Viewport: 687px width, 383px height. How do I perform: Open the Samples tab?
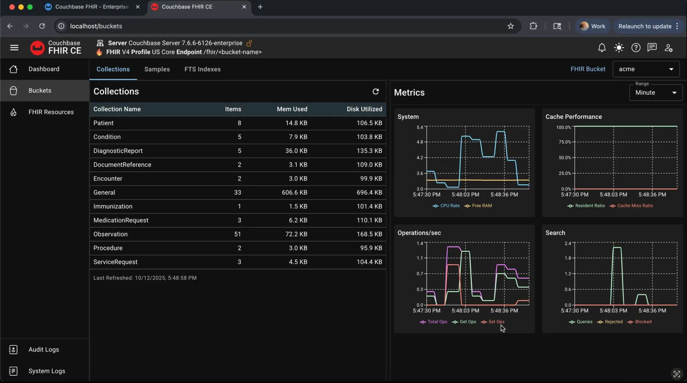157,69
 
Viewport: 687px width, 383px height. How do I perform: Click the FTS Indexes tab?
203,69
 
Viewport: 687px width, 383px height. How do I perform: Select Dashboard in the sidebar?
44,69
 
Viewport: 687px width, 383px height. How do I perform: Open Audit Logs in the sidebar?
44,349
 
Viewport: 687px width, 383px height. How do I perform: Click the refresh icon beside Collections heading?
375,91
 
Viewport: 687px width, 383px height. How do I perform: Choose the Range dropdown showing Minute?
656,93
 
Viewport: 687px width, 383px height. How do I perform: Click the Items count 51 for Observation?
237,234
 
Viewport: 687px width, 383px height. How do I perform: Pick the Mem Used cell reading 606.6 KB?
294,192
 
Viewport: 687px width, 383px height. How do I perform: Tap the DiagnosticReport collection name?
118,151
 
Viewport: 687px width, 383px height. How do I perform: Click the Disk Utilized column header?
364,109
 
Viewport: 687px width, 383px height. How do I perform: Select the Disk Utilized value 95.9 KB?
371,248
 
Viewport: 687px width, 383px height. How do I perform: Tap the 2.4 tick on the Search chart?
567,243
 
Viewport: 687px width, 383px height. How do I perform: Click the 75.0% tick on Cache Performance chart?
565,142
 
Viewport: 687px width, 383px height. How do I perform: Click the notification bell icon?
602,48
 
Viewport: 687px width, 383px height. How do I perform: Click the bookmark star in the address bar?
510,26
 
